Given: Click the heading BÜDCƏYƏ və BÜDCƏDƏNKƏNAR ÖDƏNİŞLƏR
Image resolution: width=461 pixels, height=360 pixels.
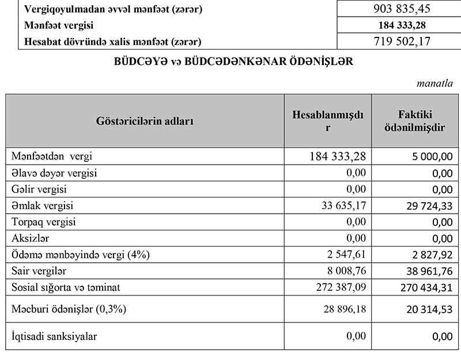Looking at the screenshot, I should point(231,62).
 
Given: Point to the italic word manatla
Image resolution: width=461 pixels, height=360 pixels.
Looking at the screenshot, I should point(434,84).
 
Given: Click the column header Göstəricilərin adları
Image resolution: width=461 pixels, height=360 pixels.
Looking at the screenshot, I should point(145,122).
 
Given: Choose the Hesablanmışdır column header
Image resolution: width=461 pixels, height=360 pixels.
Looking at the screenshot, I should point(328,121).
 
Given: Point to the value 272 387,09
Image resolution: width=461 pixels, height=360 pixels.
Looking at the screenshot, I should point(335,287).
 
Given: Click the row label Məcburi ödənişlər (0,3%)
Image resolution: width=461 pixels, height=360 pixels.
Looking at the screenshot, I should point(69,309).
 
